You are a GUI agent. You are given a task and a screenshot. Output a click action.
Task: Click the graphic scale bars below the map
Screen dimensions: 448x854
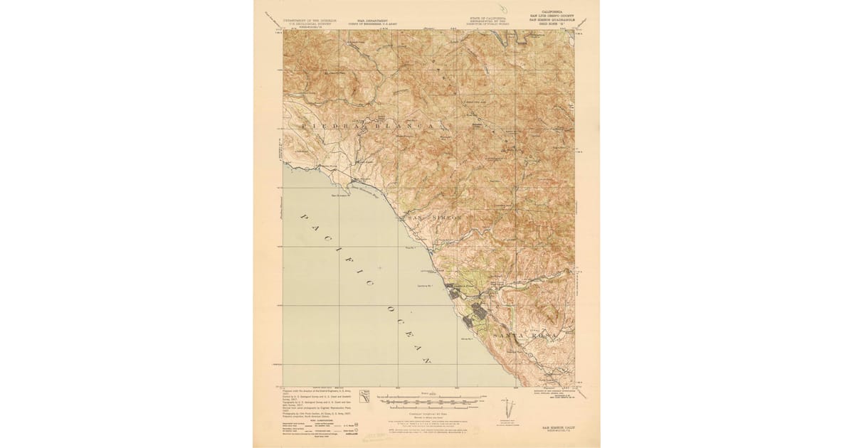point(427,403)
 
